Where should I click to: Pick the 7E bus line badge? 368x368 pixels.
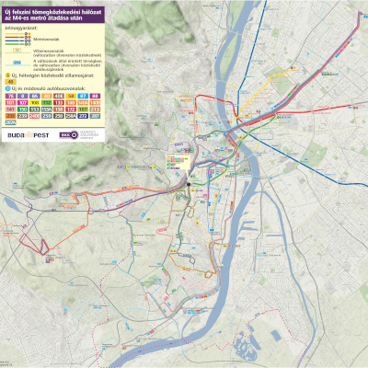point(10,96)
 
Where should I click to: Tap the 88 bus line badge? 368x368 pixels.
point(96,96)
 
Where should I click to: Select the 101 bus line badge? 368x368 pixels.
point(10,103)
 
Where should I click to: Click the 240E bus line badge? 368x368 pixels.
point(35,116)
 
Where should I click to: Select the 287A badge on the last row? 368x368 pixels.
point(10,122)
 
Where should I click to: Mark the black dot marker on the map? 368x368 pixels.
point(188,184)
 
